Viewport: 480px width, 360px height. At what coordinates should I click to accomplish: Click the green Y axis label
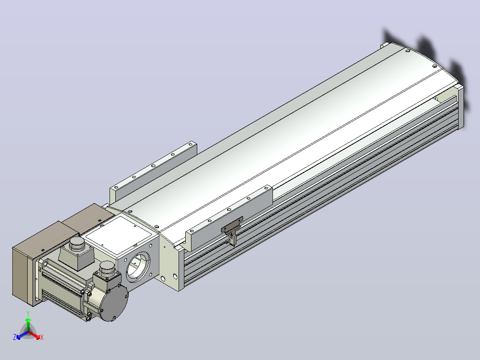28,313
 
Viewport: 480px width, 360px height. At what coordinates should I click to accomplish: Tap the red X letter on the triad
42,337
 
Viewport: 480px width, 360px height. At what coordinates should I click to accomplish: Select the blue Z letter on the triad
15,337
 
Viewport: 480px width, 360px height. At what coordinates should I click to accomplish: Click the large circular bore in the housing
138,267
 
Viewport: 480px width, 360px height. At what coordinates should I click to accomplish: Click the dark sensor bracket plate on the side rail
232,225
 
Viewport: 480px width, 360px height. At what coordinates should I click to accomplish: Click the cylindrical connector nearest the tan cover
77,244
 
